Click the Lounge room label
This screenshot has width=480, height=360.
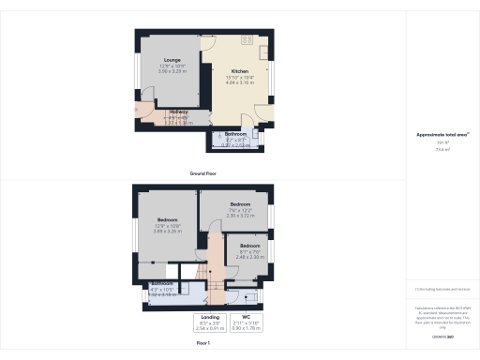pyautogui.click(x=172, y=60)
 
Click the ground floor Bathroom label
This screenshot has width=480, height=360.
pyautogui.click(x=235, y=134)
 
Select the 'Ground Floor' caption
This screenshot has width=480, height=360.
pyautogui.click(x=204, y=174)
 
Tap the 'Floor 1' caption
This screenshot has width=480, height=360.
pyautogui.click(x=204, y=344)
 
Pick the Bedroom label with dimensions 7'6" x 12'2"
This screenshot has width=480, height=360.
pyautogui.click(x=240, y=204)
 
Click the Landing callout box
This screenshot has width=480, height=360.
pyautogui.click(x=210, y=322)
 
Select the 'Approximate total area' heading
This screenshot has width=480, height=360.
pyautogui.click(x=442, y=135)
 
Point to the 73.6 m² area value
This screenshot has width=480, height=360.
pyautogui.click(x=442, y=148)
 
